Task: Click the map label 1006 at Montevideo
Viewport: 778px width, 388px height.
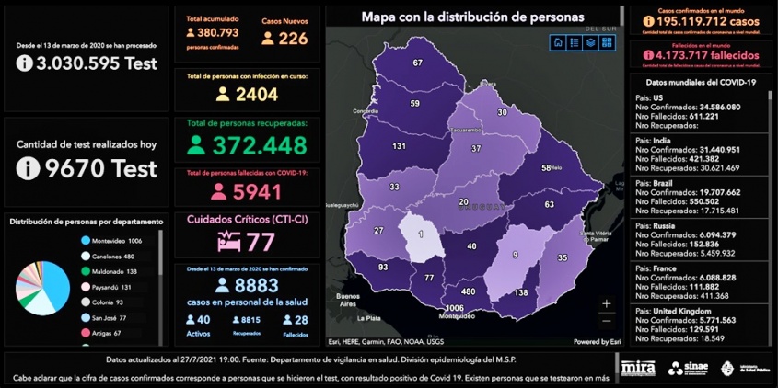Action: point(453,308)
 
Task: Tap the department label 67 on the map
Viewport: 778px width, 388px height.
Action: point(417,63)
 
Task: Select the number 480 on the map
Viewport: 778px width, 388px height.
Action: point(468,291)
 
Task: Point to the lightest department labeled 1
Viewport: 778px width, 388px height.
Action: point(421,234)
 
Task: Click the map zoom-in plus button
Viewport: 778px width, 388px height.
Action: point(606,302)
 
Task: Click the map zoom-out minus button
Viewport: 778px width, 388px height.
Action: point(606,321)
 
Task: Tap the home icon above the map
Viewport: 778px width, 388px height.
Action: point(558,42)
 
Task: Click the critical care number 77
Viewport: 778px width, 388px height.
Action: point(261,243)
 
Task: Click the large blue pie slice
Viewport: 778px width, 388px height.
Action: point(53,288)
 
